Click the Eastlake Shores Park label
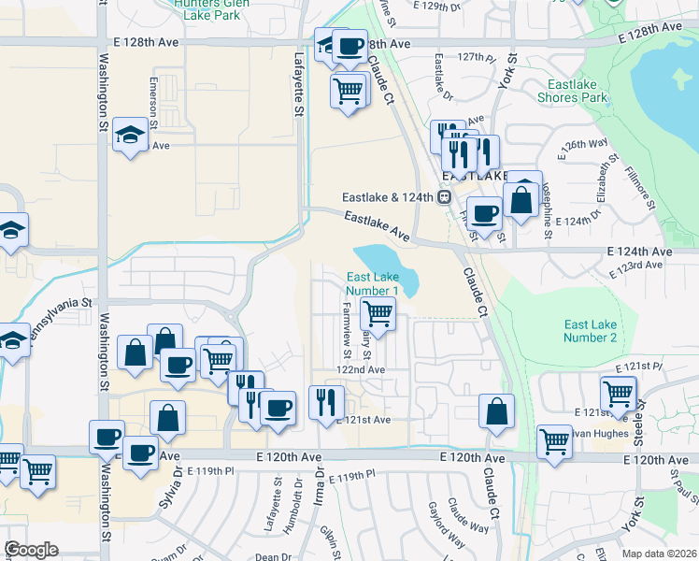[x=572, y=91]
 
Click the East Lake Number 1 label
[x=373, y=284]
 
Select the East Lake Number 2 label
[x=591, y=331]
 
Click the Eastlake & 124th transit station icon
[x=446, y=197]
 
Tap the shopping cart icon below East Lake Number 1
[x=378, y=313]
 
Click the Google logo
[x=31, y=549]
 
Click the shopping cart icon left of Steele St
[x=619, y=393]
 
